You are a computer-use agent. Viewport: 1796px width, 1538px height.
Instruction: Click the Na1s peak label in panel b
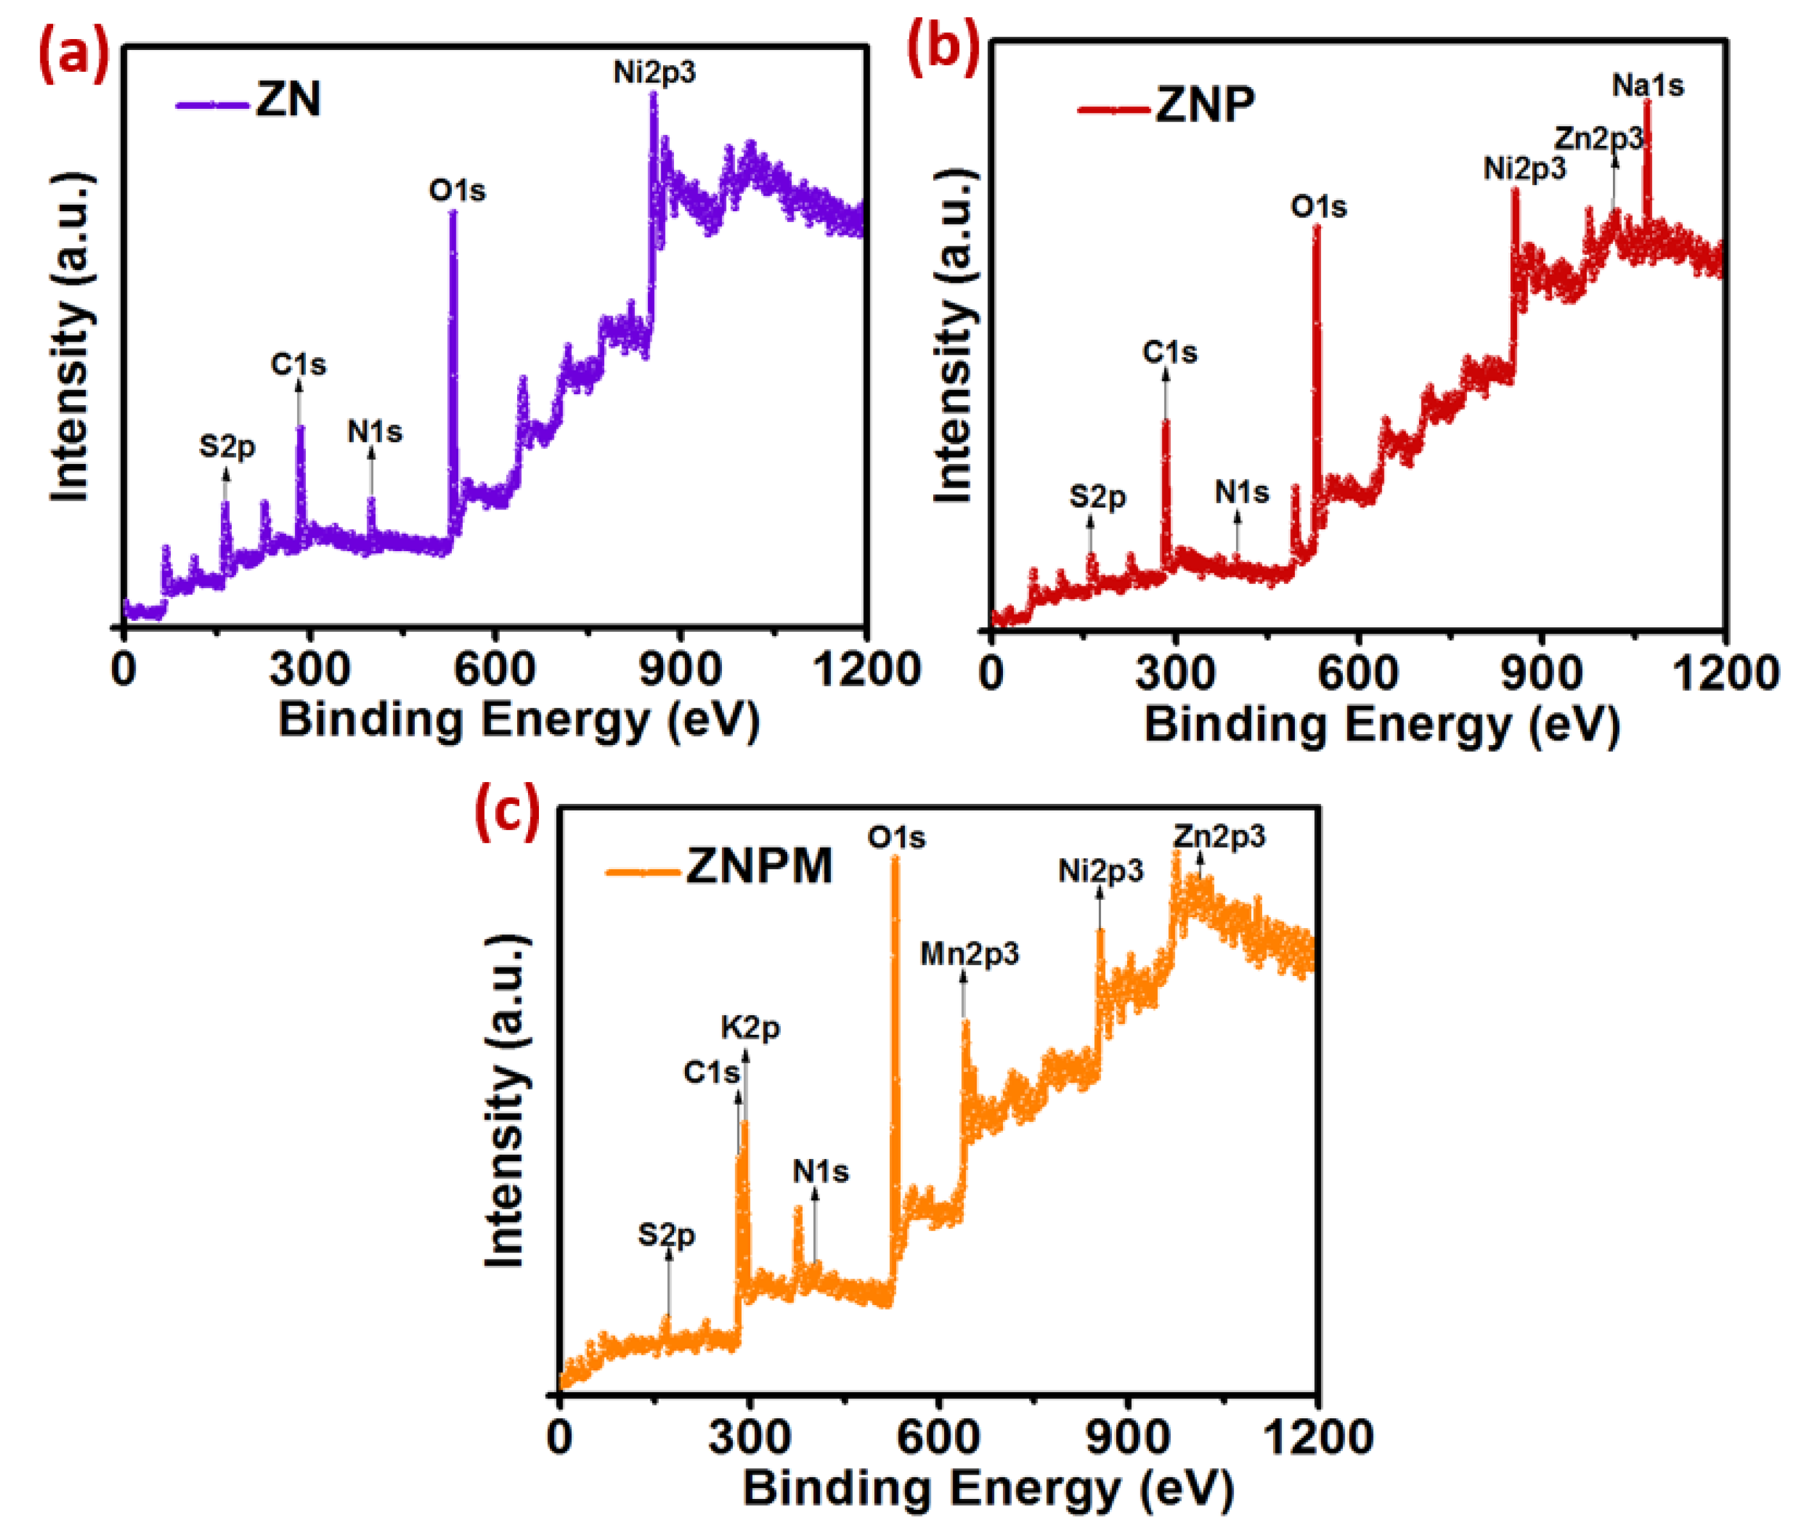[x=1648, y=86]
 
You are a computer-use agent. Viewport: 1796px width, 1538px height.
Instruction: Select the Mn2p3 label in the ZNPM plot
[x=969, y=954]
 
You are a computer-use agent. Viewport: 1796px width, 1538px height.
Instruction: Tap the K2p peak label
[x=751, y=1029]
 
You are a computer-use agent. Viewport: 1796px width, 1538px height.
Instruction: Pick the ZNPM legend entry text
[x=759, y=865]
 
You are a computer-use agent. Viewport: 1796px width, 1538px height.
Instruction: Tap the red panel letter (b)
[x=942, y=45]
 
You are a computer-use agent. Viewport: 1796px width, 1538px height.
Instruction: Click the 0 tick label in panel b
[x=991, y=673]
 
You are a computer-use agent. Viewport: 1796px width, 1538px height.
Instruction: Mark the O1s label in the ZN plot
[x=458, y=191]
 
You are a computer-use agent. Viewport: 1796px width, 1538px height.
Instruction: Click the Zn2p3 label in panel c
[x=1219, y=837]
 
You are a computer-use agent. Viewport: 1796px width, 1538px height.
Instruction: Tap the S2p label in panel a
[x=227, y=447]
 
